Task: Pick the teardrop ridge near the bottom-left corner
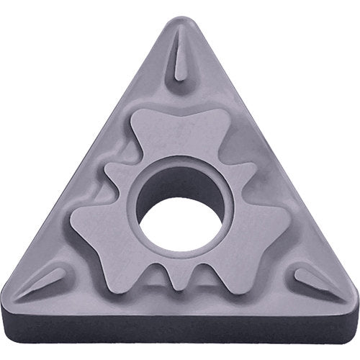coord(50,281)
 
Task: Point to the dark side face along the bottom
coord(180,331)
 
